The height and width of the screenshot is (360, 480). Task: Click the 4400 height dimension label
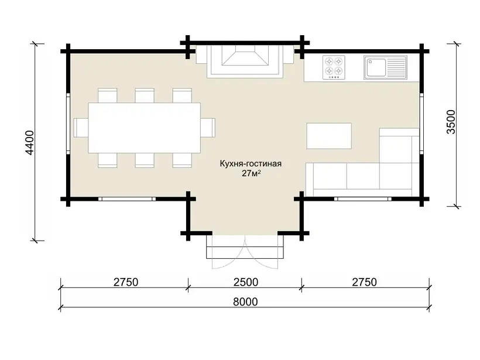pyautogui.click(x=30, y=143)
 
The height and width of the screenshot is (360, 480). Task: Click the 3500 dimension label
pyautogui.click(x=451, y=122)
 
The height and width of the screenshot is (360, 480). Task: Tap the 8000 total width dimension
pyautogui.click(x=245, y=302)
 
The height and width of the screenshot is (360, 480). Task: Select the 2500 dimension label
pyautogui.click(x=245, y=282)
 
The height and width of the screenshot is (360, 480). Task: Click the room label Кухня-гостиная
pyautogui.click(x=251, y=163)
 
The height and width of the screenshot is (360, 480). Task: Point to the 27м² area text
pyautogui.click(x=251, y=173)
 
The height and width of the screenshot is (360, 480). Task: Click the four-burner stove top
pyautogui.click(x=334, y=67)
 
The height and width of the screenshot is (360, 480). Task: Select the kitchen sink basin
pyautogui.click(x=376, y=68)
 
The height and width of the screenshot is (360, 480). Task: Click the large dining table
pyautogui.click(x=144, y=128)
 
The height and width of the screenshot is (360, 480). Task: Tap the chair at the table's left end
pyautogui.click(x=81, y=128)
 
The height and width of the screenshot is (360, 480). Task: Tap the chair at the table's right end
pyautogui.click(x=208, y=128)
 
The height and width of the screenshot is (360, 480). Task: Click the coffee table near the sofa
pyautogui.click(x=329, y=136)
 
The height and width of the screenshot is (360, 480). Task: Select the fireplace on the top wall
pyautogui.click(x=245, y=61)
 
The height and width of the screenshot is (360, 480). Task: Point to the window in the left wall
pyautogui.click(x=68, y=124)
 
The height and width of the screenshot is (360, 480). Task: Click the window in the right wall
pyautogui.click(x=421, y=124)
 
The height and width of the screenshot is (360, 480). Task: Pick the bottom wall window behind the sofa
pyautogui.click(x=363, y=199)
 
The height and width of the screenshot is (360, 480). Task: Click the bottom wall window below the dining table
pyautogui.click(x=127, y=199)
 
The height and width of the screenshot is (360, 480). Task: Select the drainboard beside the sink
pyautogui.click(x=396, y=68)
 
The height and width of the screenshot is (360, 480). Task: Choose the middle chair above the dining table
pyautogui.click(x=145, y=95)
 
